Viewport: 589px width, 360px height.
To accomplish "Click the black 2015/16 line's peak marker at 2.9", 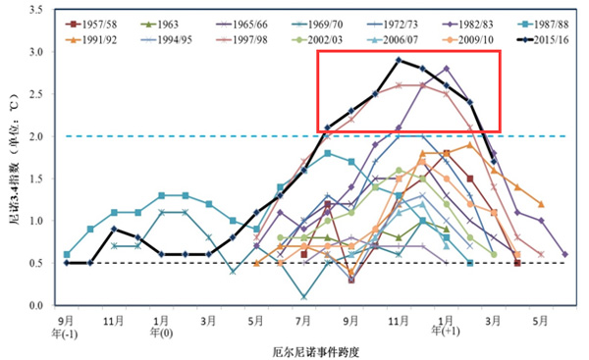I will pos(399,60).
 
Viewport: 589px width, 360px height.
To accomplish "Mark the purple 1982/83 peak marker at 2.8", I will pos(446,69).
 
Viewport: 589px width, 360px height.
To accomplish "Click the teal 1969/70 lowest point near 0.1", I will pos(303,296).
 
